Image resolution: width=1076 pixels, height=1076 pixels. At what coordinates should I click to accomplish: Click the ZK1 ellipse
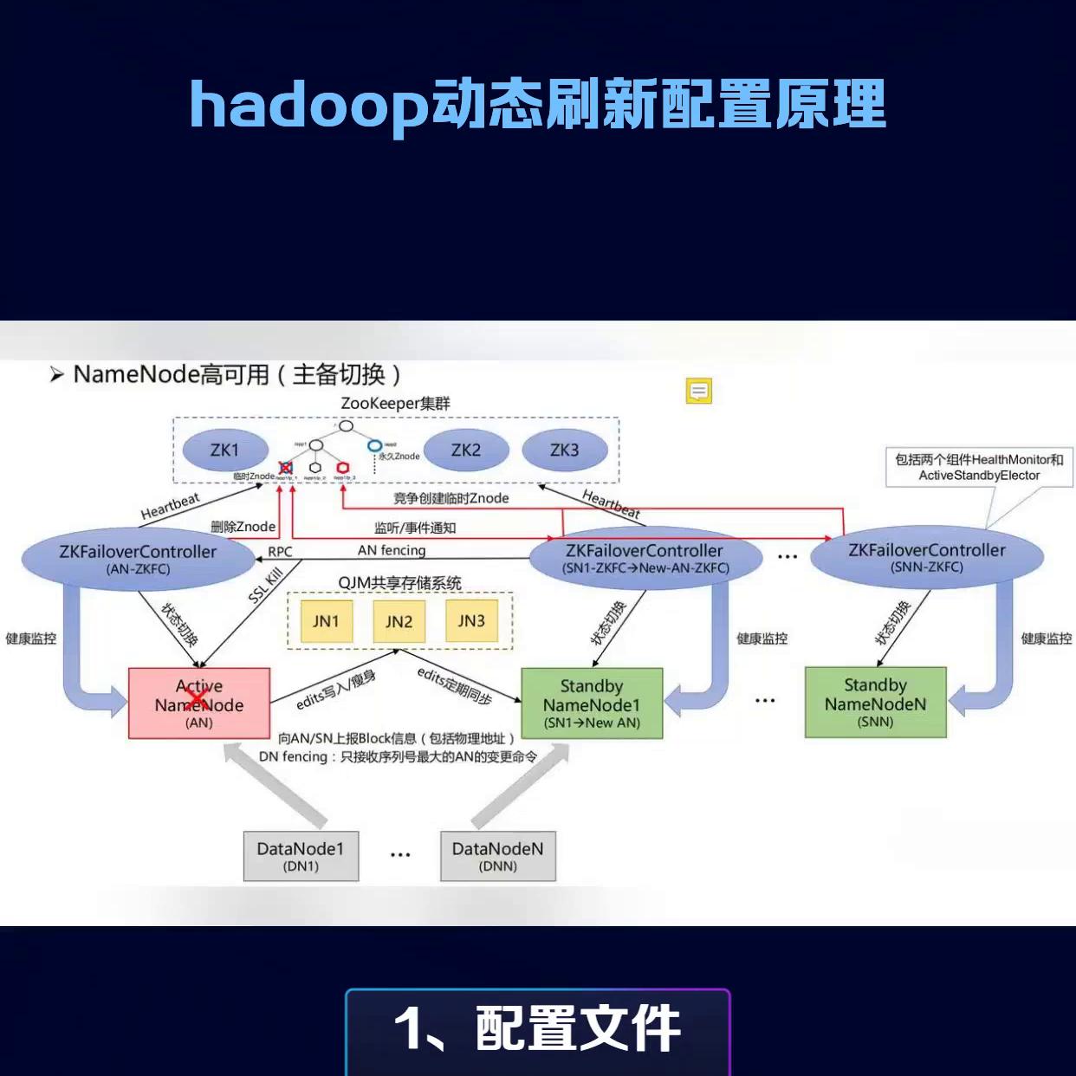click(224, 450)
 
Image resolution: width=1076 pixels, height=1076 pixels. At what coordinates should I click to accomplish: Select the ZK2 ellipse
click(465, 450)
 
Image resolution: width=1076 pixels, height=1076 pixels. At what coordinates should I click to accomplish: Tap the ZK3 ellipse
click(564, 450)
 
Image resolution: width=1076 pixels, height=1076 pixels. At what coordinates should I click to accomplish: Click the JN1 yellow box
click(326, 621)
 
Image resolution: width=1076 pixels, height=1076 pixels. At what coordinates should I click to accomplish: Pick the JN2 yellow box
click(399, 622)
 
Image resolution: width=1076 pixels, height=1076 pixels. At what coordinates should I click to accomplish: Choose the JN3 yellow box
click(471, 621)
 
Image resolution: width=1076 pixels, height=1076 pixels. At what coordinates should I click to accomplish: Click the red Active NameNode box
click(199, 703)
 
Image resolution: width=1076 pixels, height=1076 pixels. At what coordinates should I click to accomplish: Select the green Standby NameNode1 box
click(592, 703)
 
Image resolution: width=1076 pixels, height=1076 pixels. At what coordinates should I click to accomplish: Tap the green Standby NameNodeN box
click(875, 703)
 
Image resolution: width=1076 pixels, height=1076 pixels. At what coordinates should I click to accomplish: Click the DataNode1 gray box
click(301, 856)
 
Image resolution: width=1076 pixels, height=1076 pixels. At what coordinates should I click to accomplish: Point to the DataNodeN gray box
click(497, 856)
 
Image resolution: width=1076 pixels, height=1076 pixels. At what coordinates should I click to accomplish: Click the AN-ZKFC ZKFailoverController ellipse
click(139, 559)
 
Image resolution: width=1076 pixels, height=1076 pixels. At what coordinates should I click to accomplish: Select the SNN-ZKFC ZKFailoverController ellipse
click(926, 557)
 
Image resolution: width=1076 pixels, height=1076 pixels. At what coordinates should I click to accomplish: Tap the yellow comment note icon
click(699, 392)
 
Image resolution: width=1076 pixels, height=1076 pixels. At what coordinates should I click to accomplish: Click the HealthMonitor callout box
click(979, 467)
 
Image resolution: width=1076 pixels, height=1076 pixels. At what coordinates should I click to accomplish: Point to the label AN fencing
click(392, 550)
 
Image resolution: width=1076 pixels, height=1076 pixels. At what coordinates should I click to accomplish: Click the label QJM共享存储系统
click(399, 583)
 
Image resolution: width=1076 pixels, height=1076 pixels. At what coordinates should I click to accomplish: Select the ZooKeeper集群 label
click(395, 404)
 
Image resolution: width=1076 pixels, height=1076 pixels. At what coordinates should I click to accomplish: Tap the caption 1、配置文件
click(537, 1029)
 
